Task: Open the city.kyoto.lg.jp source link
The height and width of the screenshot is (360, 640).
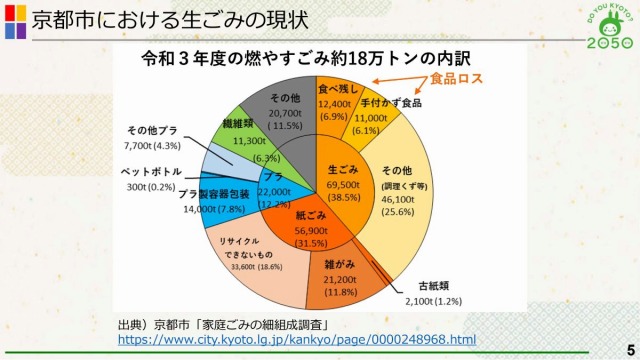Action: tap(297, 340)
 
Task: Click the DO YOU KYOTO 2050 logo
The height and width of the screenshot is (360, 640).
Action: tap(608, 27)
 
